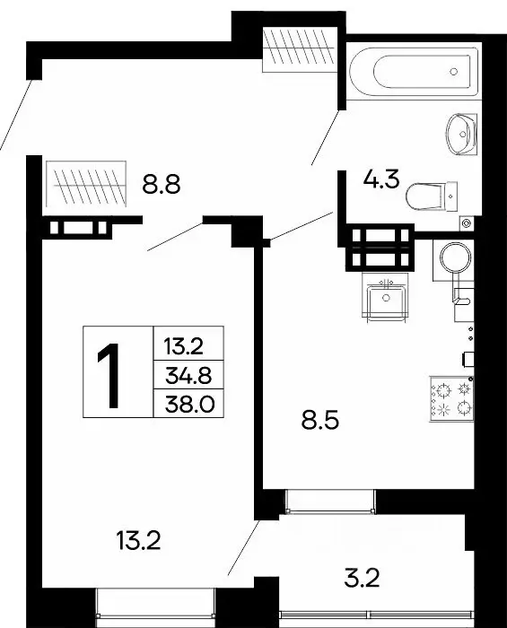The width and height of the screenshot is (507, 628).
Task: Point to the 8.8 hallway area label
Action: [162, 186]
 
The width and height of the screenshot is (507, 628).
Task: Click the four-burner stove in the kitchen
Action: [450, 398]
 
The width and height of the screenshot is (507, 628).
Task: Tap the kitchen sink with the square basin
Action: [389, 295]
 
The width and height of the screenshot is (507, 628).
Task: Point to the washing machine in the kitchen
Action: [452, 259]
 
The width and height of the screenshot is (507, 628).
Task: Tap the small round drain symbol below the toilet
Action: [465, 222]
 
